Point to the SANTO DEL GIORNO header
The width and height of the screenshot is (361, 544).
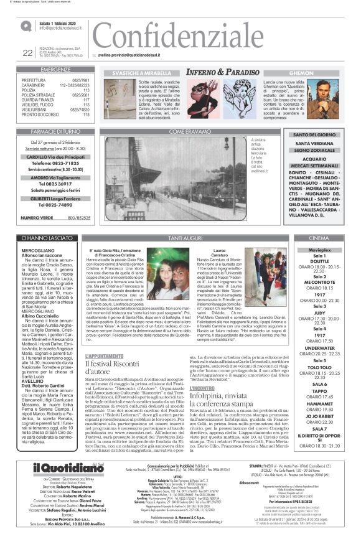click(314, 135)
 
